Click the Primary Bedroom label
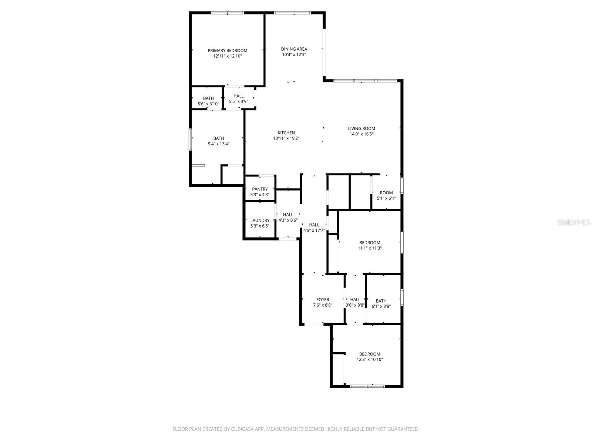[x=227, y=51]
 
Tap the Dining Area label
[x=294, y=49]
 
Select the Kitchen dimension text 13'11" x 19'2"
[x=286, y=138]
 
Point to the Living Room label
[x=361, y=129]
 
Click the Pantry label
[x=260, y=189]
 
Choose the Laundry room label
[x=260, y=221]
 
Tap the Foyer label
[x=323, y=300]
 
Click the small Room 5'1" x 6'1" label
[x=386, y=193]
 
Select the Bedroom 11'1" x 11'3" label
[x=370, y=243]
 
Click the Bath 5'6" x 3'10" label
[x=208, y=98]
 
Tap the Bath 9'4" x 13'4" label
[x=219, y=138]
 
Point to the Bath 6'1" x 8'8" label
[x=381, y=301]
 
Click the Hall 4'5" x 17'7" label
[x=314, y=225]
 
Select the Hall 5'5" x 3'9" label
[x=239, y=96]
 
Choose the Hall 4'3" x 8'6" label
[x=288, y=215]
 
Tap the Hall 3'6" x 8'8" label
[x=355, y=300]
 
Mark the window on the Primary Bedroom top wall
[x=228, y=13]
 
